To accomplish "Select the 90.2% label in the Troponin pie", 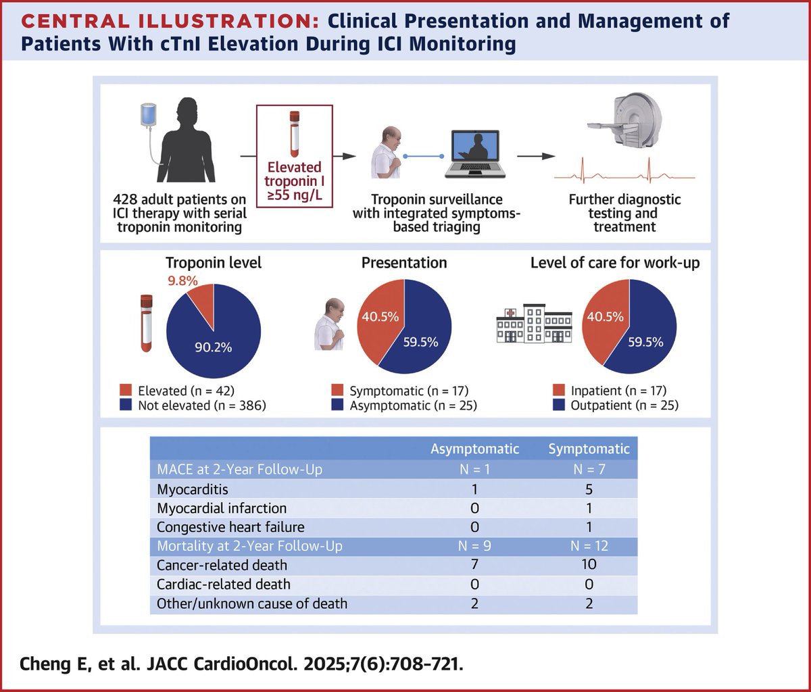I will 215,347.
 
